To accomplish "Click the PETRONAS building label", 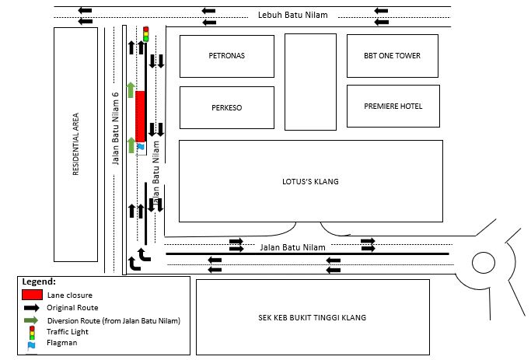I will point(227,56).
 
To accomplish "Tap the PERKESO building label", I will point(227,107).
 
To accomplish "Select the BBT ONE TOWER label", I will point(393,56).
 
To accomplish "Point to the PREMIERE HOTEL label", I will point(393,106).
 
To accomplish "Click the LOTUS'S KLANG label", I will point(310,182).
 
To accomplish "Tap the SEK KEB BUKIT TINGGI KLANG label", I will point(312,317).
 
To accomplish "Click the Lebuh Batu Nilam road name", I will point(293,15).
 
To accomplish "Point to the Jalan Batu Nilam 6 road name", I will point(114,128).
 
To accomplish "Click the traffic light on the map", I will point(145,33).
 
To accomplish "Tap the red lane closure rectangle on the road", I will point(141,116).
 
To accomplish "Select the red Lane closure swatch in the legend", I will point(32,295).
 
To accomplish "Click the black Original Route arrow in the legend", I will point(32,308).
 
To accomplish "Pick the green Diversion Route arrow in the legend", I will point(32,320).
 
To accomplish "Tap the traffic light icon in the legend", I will point(32,331).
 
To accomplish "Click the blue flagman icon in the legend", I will point(31,343).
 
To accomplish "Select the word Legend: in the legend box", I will point(38,281).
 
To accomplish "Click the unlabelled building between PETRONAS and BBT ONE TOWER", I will point(310,81).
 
